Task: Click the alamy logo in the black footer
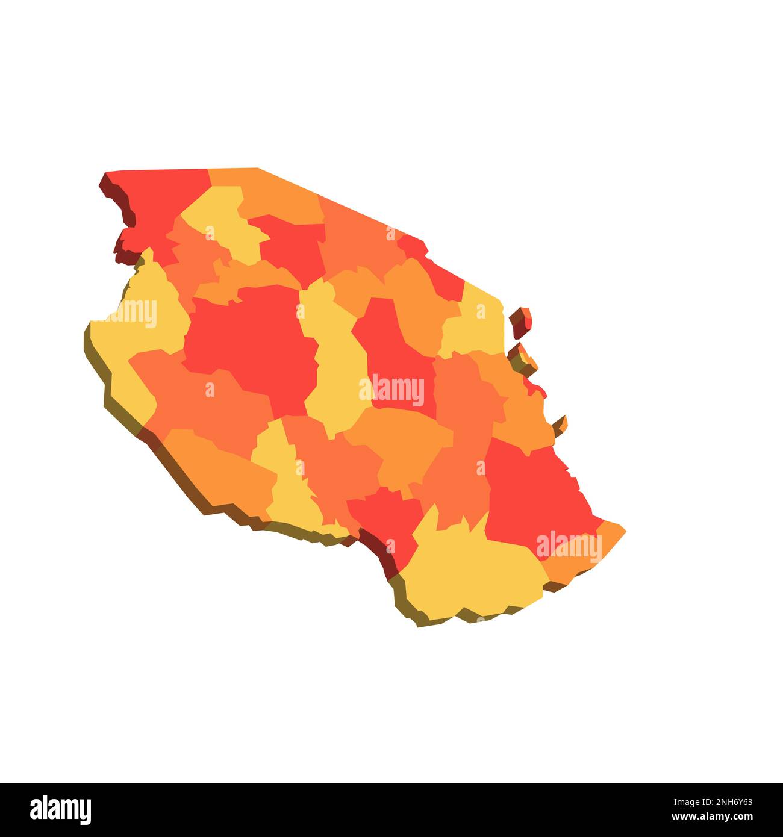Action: [x=60, y=809]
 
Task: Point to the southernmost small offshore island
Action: [x=560, y=425]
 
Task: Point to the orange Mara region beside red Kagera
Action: [x=277, y=193]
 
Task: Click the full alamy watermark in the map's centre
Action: [x=391, y=390]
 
